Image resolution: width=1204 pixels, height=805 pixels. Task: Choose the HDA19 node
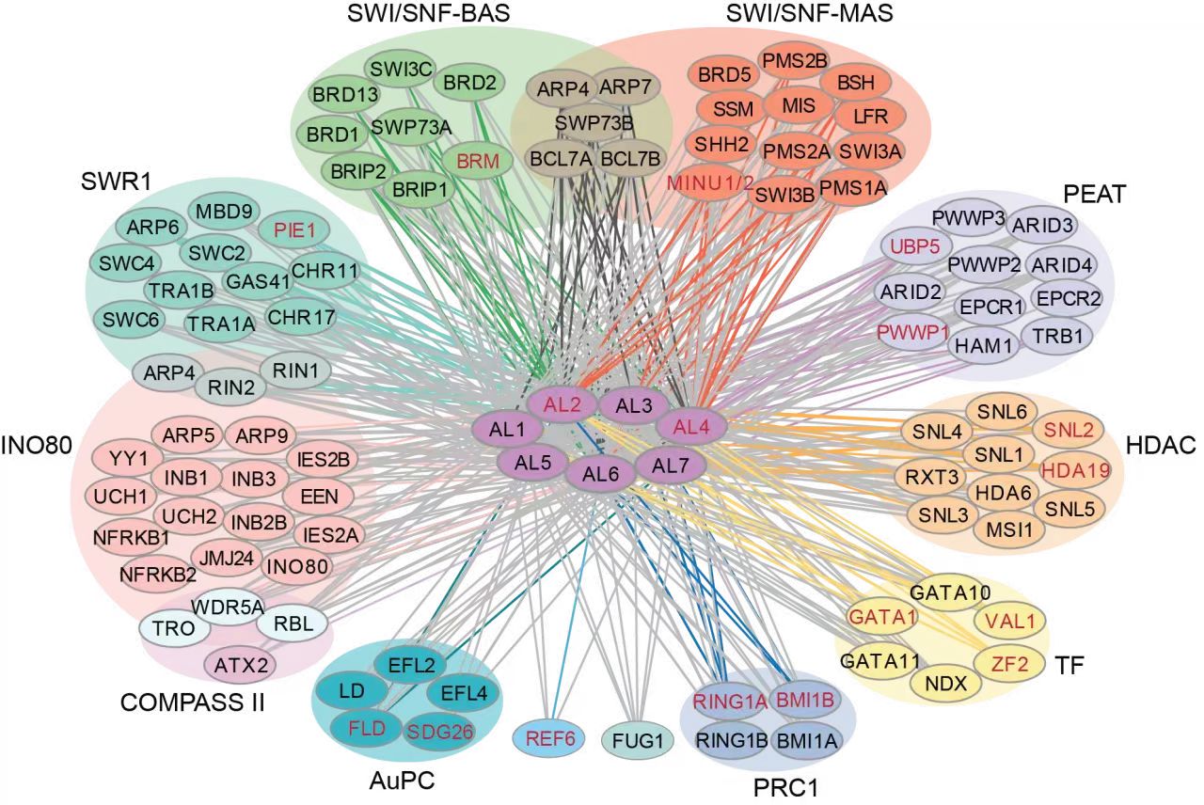(x=1069, y=467)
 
